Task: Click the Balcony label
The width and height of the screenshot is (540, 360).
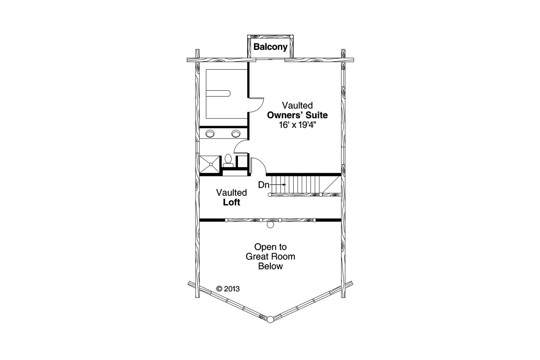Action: tap(270, 47)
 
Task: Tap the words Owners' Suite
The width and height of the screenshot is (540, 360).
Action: tap(297, 115)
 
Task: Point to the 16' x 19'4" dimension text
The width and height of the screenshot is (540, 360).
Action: tap(297, 125)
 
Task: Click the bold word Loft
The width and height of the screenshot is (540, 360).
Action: tap(232, 203)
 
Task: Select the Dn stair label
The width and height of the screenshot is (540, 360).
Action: tap(264, 185)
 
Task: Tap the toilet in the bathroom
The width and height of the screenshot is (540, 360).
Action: tap(228, 159)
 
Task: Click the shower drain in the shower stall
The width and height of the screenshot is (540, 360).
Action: tap(210, 164)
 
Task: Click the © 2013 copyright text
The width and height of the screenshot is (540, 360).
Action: tap(228, 289)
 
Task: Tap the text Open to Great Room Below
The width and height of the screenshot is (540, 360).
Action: tap(270, 257)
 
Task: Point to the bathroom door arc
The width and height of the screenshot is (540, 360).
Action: tap(240, 146)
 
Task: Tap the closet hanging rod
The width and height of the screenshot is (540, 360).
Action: tap(219, 92)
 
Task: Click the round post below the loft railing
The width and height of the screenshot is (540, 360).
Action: tap(270, 225)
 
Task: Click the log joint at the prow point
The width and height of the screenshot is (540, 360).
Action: tap(270, 319)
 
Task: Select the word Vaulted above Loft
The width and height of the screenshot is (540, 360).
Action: tap(232, 192)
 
